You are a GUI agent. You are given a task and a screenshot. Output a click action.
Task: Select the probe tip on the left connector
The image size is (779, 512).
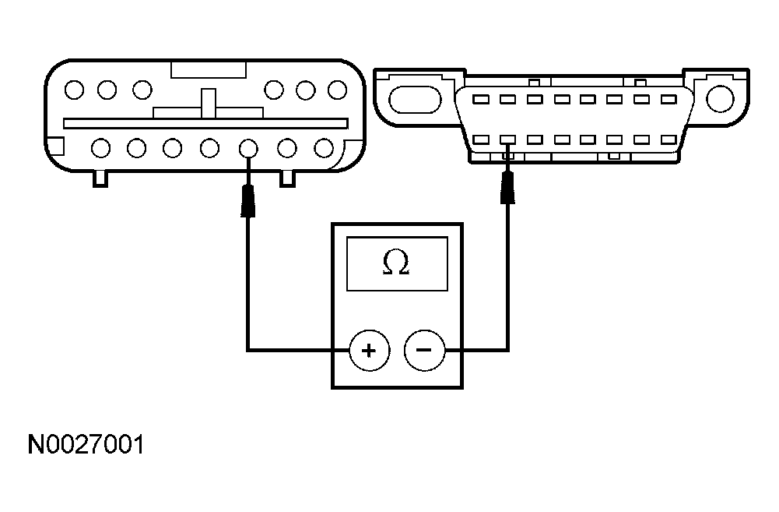coord(248,200)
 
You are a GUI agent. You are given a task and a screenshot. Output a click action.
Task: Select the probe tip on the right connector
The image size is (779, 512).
coord(507,187)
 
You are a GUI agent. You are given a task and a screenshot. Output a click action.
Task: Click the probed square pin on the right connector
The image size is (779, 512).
coord(507,140)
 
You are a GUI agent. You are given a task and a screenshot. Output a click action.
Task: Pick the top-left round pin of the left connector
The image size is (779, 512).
coord(74,90)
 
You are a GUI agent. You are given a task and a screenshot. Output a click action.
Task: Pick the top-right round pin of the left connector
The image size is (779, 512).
coord(337,90)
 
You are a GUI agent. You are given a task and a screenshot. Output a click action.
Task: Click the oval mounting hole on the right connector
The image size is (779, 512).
coord(412,99)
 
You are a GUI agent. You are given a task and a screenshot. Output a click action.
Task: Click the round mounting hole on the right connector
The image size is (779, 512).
coord(719,98)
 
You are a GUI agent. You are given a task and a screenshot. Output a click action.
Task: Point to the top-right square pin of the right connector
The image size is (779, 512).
coord(667,100)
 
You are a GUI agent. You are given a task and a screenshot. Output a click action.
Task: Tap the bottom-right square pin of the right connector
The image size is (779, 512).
coord(667,140)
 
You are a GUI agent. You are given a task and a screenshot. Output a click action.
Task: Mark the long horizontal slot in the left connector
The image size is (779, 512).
coord(205,123)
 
